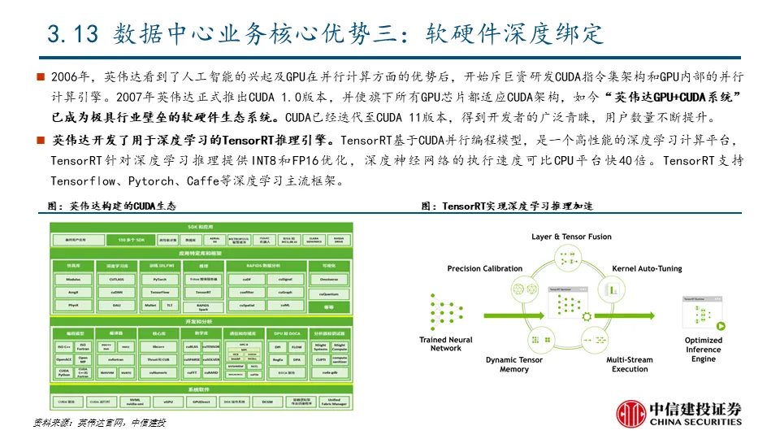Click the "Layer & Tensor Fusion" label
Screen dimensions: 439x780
click(x=571, y=237)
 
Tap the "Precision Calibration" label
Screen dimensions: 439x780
click(x=485, y=268)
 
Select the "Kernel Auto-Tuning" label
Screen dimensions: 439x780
click(x=647, y=268)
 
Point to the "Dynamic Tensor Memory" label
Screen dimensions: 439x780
click(x=513, y=364)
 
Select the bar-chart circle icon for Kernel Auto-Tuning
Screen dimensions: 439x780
click(x=618, y=289)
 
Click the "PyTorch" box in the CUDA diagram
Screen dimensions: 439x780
click(x=159, y=278)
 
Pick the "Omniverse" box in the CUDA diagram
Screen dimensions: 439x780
click(x=329, y=278)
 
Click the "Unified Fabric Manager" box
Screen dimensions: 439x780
click(x=335, y=402)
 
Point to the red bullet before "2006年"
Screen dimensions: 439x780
click(x=41, y=77)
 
